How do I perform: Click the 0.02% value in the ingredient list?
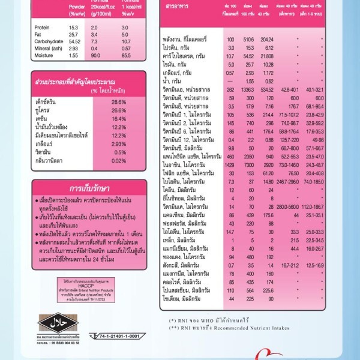(118, 161)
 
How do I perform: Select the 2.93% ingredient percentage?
(118, 145)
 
